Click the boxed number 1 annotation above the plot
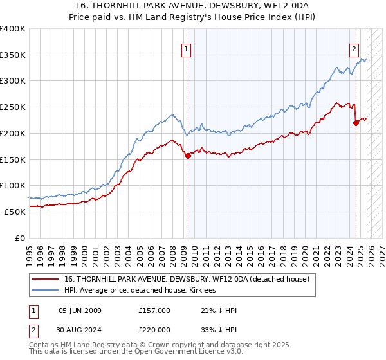tap(187, 48)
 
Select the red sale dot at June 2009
tap(188, 155)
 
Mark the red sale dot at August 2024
tap(356, 123)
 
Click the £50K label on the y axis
tap(15, 212)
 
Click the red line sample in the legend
tap(45, 279)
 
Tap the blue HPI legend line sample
tap(45, 290)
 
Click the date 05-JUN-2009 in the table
tap(80, 310)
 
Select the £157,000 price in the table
tap(154, 310)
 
